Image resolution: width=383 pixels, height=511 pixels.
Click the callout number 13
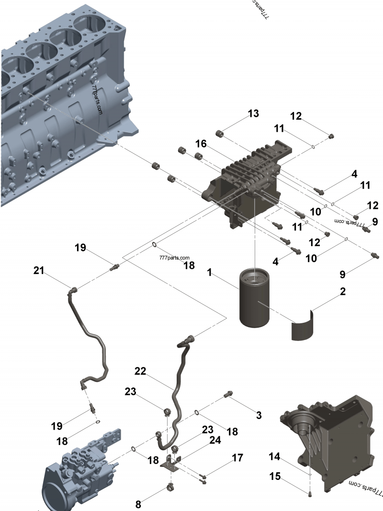coord(253,114)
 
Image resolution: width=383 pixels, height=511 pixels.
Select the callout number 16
coord(201,144)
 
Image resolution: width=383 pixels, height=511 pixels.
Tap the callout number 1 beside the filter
coord(209,272)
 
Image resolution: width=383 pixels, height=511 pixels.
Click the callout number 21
coord(39,271)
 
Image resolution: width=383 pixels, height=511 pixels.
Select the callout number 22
coord(140,371)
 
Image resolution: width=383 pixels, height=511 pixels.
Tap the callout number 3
coord(259,415)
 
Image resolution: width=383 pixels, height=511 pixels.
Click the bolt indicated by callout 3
coord(228,394)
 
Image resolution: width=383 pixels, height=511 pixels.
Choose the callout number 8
coord(138,503)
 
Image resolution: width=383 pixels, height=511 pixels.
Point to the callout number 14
coord(274,457)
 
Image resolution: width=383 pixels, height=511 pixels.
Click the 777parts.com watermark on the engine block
coord(98,101)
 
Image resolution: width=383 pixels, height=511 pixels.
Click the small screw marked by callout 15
coord(310,494)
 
